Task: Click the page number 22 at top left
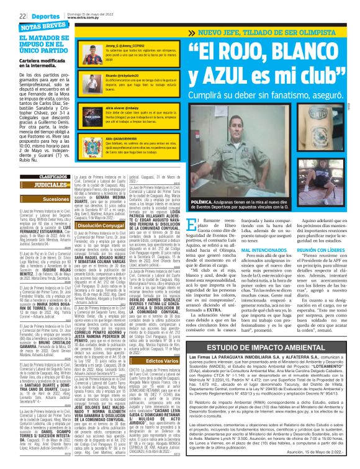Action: tap(22, 16)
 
